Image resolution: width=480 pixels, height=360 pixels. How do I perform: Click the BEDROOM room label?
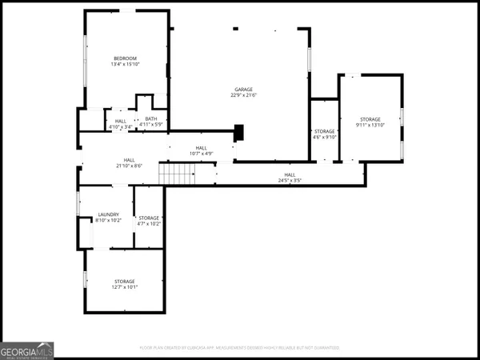(125, 58)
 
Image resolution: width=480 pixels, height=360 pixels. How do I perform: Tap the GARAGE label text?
(244, 90)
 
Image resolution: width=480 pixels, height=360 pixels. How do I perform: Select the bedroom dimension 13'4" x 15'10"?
(125, 66)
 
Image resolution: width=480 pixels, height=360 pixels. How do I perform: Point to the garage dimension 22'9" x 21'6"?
(244, 96)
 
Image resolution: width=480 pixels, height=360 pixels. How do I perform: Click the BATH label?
(151, 118)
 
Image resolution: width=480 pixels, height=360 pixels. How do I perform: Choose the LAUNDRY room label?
(108, 214)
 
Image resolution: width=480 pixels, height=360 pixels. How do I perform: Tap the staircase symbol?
(177, 173)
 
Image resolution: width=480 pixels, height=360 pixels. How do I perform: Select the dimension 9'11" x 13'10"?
(370, 126)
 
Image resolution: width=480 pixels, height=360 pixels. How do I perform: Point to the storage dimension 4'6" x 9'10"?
(324, 136)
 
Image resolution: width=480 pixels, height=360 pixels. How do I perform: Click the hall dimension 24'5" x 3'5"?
(290, 180)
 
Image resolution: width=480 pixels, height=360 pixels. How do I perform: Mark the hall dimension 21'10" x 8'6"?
(129, 166)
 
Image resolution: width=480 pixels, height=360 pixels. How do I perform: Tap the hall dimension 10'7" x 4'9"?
(201, 154)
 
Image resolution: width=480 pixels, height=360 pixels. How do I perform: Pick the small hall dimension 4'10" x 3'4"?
(121, 126)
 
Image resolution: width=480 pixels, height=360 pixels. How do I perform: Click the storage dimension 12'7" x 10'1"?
(124, 287)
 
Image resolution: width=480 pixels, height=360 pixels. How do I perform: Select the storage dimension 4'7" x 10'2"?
(150, 223)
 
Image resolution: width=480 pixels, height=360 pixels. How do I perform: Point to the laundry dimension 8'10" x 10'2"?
(108, 221)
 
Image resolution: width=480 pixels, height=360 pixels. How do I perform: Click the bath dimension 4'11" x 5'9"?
(151, 125)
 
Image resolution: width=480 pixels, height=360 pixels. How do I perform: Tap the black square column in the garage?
(238, 132)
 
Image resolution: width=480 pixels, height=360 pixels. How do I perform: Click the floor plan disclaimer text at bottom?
(240, 348)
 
